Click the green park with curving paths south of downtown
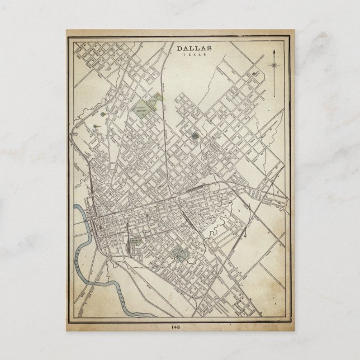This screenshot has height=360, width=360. (178, 255)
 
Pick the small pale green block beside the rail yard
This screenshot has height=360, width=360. (136, 242)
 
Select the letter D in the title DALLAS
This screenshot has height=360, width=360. (180, 49)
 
